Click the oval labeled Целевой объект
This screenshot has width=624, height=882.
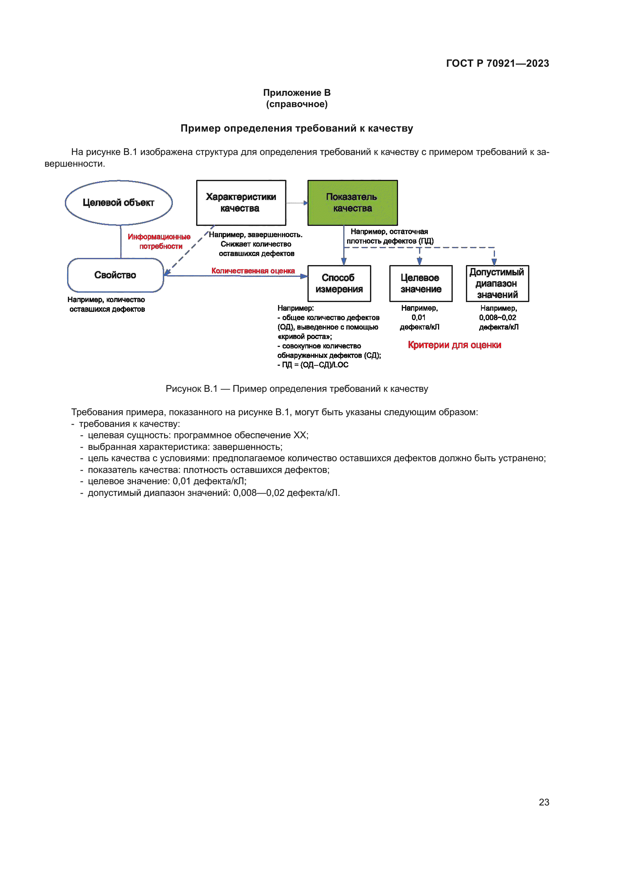tap(119, 203)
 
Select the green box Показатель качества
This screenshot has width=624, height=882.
tap(352, 203)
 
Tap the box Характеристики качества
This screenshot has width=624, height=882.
tap(241, 203)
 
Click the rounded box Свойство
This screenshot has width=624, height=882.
tap(115, 275)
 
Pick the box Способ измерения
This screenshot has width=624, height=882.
tap(339, 284)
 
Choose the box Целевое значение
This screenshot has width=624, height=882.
tap(421, 284)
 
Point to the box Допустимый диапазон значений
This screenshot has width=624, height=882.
tap(497, 284)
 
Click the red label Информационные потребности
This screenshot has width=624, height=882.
tap(160, 241)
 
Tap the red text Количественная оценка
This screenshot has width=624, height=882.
tap(253, 271)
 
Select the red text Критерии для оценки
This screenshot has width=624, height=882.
tap(454, 345)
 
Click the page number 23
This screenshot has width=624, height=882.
tap(544, 802)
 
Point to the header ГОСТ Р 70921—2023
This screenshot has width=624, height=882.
tap(497, 63)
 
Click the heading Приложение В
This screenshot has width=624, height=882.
tap(297, 93)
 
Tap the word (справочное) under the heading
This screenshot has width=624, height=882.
tap(297, 104)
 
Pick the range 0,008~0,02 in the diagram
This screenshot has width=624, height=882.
tap(497, 318)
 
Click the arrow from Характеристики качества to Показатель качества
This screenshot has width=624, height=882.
tap(297, 203)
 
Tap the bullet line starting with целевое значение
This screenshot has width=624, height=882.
tap(167, 481)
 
